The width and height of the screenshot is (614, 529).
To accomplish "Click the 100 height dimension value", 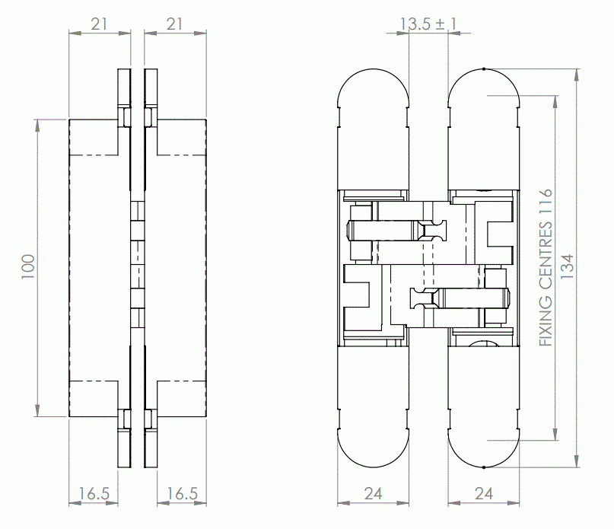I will pos(28,267).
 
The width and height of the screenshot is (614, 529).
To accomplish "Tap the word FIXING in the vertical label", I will pos(545,320).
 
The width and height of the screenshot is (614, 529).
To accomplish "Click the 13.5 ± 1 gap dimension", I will pos(428,24).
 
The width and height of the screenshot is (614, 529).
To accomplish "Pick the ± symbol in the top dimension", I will pos(441,24).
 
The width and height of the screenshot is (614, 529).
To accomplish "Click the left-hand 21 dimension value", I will pos(99,24).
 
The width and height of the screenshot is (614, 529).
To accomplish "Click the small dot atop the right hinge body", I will pos(484,69).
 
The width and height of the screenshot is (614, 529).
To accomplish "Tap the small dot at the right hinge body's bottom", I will pos(484,467).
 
